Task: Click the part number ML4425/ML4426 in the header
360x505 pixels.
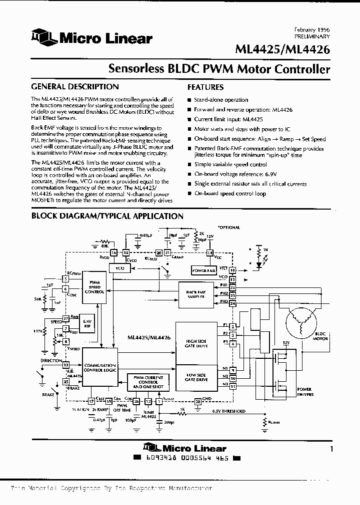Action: pyautogui.click(x=282, y=49)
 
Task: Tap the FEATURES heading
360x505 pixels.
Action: pyautogui.click(x=205, y=86)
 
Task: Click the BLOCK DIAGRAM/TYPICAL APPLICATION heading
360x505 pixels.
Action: pyautogui.click(x=107, y=216)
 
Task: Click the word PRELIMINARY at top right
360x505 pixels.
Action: pyautogui.click(x=312, y=37)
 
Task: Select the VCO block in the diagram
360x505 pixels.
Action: pyautogui.click(x=119, y=268)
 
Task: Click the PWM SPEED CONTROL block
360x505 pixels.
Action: pyautogui.click(x=94, y=288)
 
